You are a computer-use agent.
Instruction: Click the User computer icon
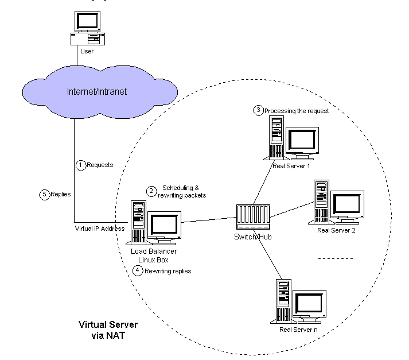tap(87, 29)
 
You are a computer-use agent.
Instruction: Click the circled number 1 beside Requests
tap(81, 165)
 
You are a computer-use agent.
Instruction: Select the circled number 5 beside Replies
tap(45, 194)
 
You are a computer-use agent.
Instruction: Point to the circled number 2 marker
tap(151, 191)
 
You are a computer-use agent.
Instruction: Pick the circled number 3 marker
tap(258, 110)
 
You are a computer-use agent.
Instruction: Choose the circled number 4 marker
tap(137, 270)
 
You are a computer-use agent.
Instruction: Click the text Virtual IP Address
tap(99, 229)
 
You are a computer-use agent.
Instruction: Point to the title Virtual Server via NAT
tap(108, 330)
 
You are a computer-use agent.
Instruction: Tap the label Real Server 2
tap(336, 230)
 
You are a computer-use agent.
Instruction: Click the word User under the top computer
tap(87, 51)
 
